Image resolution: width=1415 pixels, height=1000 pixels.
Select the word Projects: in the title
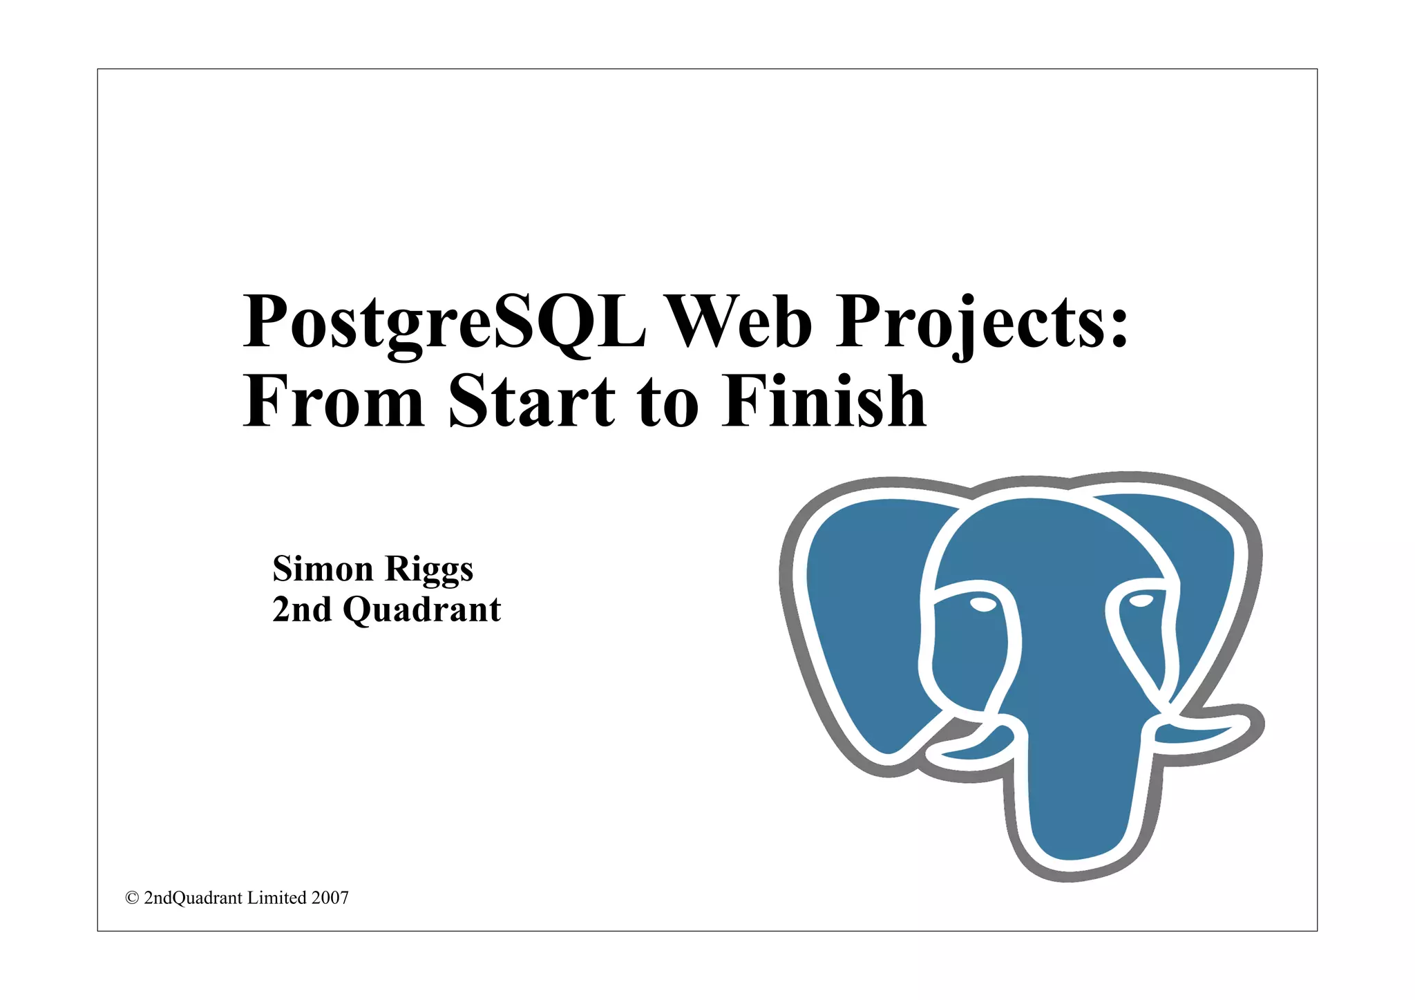coord(982,323)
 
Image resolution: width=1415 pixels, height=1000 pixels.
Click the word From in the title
coord(333,402)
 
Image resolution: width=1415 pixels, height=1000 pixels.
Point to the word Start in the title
coord(531,402)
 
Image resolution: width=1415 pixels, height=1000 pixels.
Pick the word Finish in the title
coord(824,402)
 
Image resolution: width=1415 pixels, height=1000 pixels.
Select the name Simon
coord(323,569)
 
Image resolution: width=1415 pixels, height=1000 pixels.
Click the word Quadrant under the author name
coord(421,610)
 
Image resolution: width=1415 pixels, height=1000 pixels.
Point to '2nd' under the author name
coord(302,609)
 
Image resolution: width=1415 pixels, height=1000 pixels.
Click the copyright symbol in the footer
coord(132,898)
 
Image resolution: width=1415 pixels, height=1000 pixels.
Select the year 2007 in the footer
coord(330,898)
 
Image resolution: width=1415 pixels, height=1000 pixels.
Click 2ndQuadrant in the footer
coord(193,898)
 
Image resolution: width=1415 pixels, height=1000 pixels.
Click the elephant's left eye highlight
coord(982,605)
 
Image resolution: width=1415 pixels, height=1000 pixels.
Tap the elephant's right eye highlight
coord(1141,600)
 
